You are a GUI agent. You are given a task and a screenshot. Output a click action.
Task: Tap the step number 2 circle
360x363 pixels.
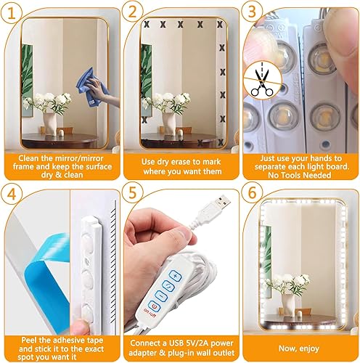point(134,12)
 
